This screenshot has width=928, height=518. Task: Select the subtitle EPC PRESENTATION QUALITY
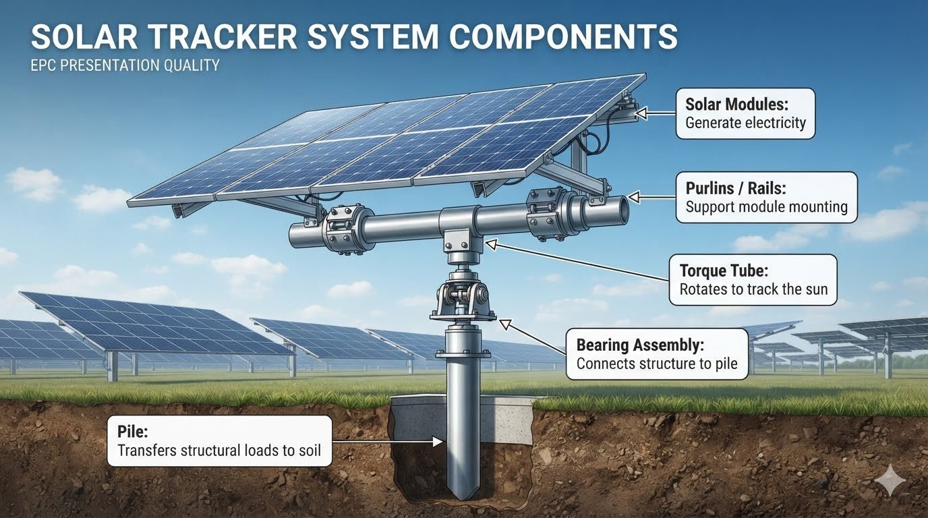pos(125,65)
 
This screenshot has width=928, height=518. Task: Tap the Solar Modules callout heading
pos(736,104)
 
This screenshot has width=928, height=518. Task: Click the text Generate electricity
pos(746,123)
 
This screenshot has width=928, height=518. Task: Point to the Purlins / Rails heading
pos(736,188)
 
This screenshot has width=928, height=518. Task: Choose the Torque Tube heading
pos(724,270)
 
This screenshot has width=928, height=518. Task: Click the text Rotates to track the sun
pos(753,289)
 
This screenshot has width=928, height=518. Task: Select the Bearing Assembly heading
pos(640,345)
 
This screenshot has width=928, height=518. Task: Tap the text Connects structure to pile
pos(657,364)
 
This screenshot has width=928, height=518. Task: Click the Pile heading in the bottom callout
pos(133,432)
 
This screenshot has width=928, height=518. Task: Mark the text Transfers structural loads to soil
pos(219,450)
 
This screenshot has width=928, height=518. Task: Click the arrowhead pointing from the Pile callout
pos(438,442)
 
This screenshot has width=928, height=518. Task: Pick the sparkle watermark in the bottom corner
pos(890,480)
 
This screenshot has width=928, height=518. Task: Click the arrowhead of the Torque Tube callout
pos(491,245)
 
